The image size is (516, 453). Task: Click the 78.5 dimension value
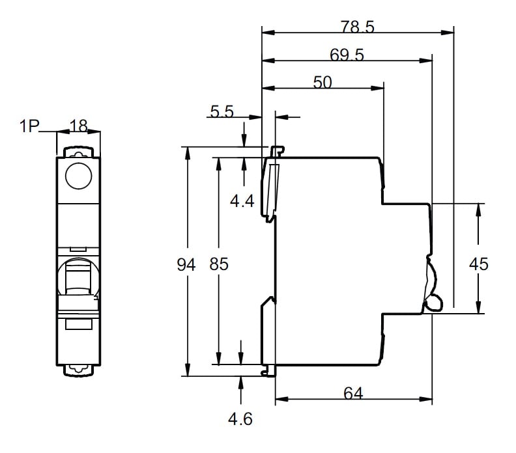click(357, 27)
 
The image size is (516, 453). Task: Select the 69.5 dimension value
click(347, 56)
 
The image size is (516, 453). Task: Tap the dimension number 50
click(322, 82)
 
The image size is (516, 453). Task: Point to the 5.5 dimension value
click(222, 111)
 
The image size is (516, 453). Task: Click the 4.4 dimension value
click(242, 201)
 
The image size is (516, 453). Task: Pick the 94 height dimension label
click(186, 265)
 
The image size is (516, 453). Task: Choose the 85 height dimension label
click(220, 265)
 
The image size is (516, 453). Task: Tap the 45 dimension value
click(479, 264)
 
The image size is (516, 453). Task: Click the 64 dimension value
click(352, 393)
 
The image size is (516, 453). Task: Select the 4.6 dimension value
click(240, 419)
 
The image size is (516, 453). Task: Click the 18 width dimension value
click(78, 126)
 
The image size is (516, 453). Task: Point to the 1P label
click(29, 126)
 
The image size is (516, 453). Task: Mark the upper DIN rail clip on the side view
click(272, 185)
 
